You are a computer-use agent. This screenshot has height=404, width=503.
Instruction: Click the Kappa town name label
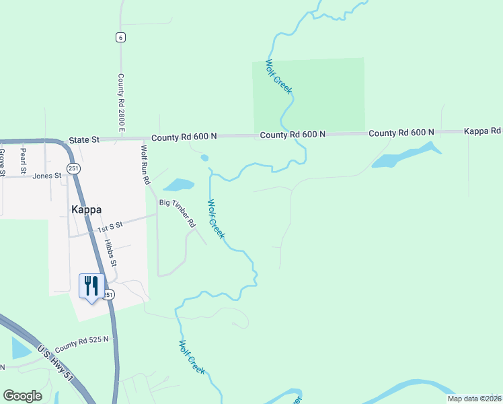click(x=86, y=209)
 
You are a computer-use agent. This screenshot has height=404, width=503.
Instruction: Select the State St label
click(x=84, y=139)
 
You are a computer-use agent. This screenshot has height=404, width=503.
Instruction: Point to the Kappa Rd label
click(x=483, y=131)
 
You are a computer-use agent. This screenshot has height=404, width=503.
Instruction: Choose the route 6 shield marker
click(x=120, y=37)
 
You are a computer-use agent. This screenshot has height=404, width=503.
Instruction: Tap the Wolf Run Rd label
click(x=145, y=164)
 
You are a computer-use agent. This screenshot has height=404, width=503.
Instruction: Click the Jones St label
click(x=46, y=176)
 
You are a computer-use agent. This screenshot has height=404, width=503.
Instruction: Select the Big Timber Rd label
click(x=177, y=212)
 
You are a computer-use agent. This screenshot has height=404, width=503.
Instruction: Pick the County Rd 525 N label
click(x=82, y=344)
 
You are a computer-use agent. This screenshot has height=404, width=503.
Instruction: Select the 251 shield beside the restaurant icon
click(x=109, y=294)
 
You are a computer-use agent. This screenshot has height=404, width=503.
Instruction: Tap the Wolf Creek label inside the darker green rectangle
click(x=278, y=77)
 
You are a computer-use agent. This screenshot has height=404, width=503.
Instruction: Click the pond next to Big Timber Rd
click(x=179, y=184)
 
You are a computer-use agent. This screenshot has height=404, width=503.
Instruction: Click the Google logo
click(x=23, y=396)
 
